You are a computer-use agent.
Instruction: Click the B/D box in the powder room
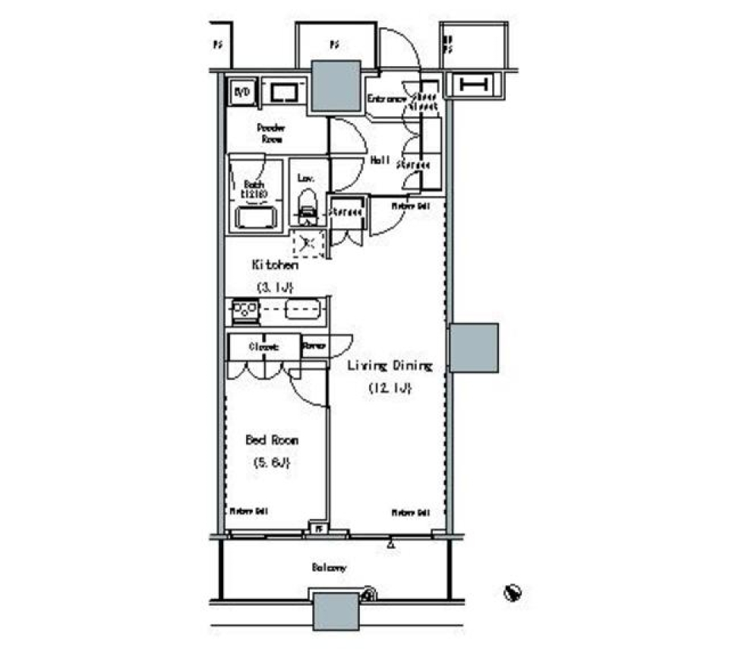tap(242, 93)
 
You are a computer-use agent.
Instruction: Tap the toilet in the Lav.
tap(307, 207)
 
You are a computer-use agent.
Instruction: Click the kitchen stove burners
tap(245, 310)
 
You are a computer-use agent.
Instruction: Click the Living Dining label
tap(390, 366)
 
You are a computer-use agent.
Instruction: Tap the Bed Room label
tap(271, 440)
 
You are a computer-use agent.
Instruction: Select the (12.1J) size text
tap(390, 388)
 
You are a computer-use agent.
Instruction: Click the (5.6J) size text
tap(271, 462)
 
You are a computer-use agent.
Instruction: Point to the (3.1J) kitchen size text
tap(274, 287)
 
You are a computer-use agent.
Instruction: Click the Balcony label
tap(329, 568)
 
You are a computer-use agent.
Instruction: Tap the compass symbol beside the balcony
tap(513, 590)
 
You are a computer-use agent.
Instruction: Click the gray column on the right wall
tap(473, 347)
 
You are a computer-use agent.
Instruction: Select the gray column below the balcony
tap(335, 610)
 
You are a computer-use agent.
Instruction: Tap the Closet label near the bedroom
tap(264, 347)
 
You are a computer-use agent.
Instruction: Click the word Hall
tap(380, 161)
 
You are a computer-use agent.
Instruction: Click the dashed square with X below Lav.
tap(308, 243)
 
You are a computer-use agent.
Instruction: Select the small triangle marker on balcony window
tap(390, 544)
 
